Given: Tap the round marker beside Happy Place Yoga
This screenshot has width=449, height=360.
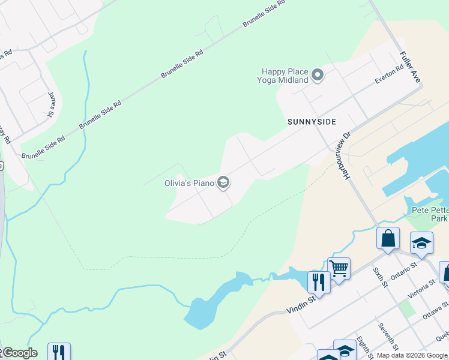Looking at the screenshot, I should coord(318,76).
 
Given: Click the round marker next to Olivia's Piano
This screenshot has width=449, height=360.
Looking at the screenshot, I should coord(223,182).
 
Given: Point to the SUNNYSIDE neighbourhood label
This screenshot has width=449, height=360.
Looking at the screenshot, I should coord(312,122).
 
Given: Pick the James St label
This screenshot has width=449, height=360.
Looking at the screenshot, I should coord(52,104).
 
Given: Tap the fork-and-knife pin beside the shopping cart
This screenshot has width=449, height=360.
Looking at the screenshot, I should coord(318,281).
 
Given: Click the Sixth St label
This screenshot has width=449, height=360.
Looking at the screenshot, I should coord(379,278).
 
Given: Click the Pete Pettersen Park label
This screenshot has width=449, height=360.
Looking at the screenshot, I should coord(430,214).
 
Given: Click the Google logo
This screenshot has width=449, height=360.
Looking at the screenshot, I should coord(19,353).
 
